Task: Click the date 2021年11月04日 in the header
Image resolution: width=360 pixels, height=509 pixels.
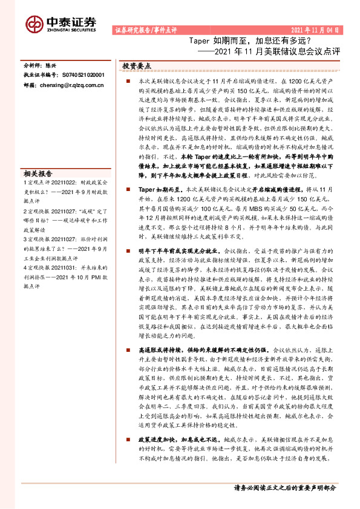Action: tap(315, 30)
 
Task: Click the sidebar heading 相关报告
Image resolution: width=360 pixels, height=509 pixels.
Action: tap(37, 172)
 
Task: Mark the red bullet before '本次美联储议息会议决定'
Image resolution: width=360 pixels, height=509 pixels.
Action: tap(128, 80)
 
